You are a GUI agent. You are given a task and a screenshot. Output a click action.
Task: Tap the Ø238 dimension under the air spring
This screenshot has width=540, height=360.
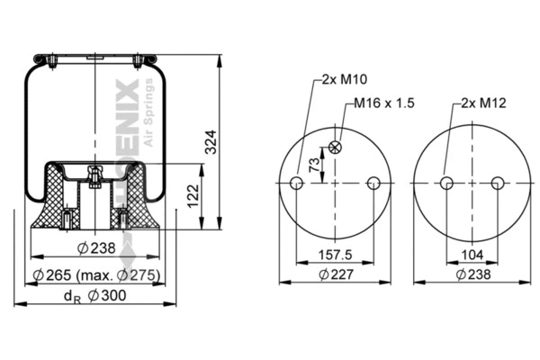pos(95,248)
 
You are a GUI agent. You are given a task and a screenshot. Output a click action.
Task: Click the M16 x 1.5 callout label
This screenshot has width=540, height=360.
pos(383,103)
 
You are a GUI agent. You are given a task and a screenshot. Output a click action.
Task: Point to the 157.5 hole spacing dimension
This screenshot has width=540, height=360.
pos(334,255)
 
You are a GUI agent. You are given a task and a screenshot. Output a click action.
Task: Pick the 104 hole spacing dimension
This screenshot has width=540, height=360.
pos(472,255)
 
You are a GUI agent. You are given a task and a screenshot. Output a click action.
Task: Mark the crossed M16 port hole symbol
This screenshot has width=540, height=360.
pos(335,148)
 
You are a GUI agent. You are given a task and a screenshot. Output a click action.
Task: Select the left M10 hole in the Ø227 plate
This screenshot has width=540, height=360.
pos(295,184)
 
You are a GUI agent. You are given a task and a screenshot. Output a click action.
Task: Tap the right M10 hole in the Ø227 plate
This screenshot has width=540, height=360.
pos(373,184)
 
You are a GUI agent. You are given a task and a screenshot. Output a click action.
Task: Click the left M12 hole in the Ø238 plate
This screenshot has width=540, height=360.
pos(445,184)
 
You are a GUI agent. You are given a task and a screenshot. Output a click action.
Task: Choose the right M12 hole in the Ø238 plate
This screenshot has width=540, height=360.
pos(498,184)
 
